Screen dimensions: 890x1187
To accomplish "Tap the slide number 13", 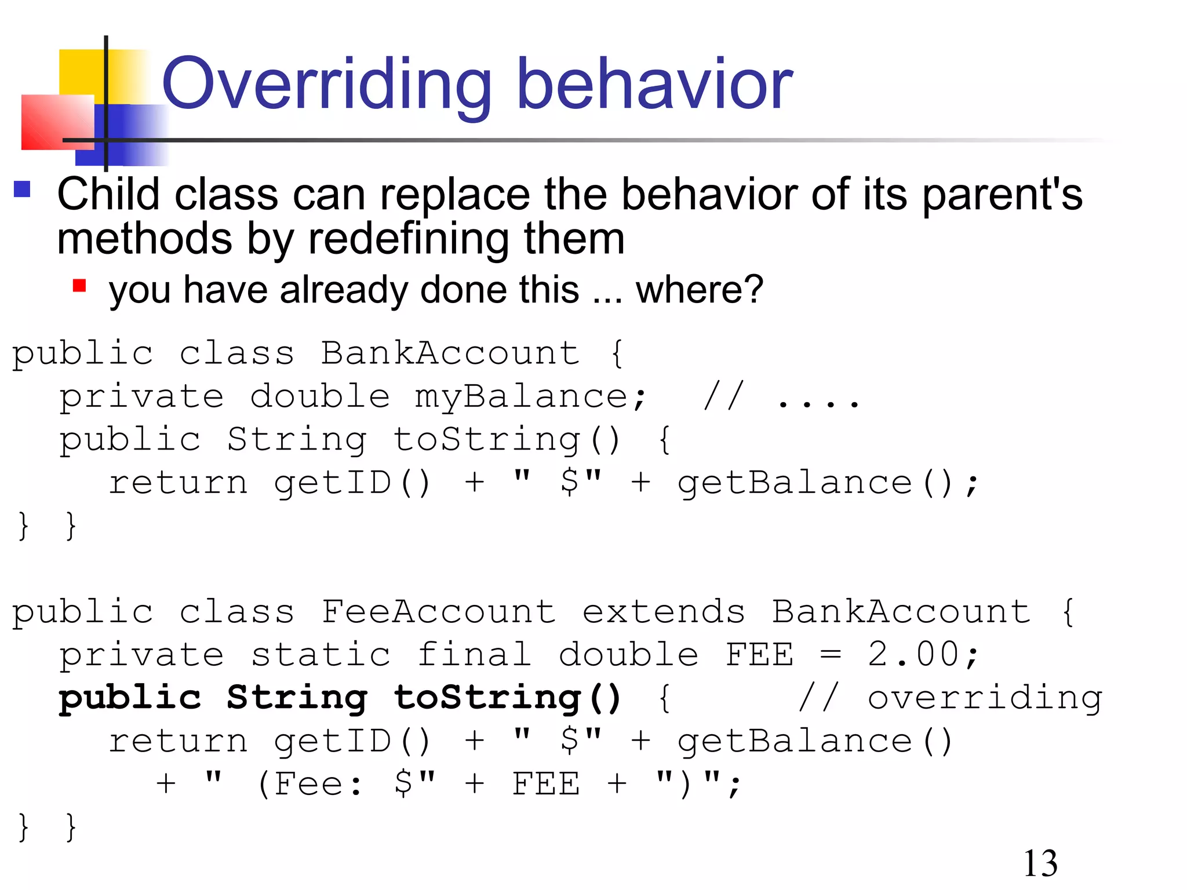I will [1040, 863].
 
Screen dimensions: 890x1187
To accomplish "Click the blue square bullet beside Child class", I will [22, 189].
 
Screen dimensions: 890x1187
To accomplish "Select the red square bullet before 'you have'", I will [79, 286].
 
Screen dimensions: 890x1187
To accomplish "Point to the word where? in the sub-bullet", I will [699, 289].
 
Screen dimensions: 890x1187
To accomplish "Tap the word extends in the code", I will [663, 612].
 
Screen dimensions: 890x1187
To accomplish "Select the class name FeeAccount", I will [438, 612].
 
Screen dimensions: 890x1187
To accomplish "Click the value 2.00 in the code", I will [913, 655].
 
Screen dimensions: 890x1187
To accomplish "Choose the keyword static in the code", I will [321, 655].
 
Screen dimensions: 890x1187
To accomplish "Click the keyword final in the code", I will [474, 655].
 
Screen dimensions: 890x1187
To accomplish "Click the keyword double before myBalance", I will [320, 397].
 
